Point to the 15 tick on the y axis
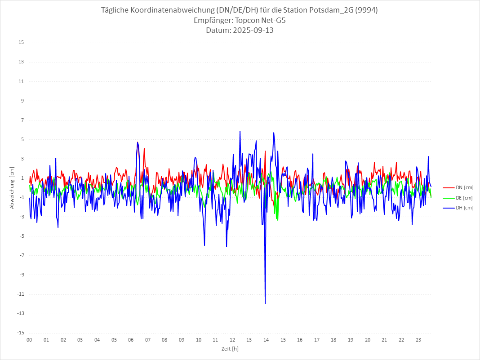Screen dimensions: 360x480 click(21, 43)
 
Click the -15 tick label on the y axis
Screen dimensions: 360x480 click(20, 333)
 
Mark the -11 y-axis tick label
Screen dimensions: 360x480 click(20, 294)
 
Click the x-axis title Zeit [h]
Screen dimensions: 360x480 click(230, 349)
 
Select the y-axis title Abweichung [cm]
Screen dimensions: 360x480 click(12, 188)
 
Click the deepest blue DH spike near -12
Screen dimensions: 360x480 click(265, 303)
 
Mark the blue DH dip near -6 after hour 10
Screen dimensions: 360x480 click(204, 245)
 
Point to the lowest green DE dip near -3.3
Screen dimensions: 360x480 click(278, 220)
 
